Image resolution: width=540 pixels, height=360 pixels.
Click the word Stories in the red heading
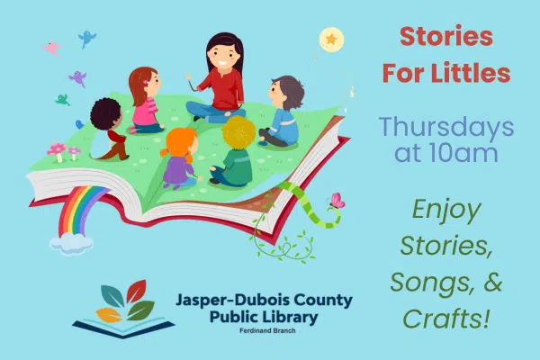[x=446, y=37]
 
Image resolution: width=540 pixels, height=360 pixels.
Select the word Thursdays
[x=446, y=128]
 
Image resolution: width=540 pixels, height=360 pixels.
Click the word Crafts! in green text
[x=446, y=319]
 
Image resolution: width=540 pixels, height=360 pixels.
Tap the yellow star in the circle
[x=331, y=39]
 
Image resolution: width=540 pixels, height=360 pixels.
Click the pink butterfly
[x=337, y=201]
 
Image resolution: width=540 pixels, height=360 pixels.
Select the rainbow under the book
[x=80, y=210]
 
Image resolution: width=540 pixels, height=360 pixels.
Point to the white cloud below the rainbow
[x=71, y=243]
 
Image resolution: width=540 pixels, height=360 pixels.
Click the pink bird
[x=51, y=48]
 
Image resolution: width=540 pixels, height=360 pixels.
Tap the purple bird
[x=77, y=78]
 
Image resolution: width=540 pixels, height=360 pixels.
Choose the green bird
[x=62, y=100]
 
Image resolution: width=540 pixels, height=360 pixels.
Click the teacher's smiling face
[x=223, y=57]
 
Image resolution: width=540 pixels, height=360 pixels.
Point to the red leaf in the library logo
[x=136, y=291]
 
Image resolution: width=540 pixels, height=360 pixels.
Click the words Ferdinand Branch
[x=267, y=330]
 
